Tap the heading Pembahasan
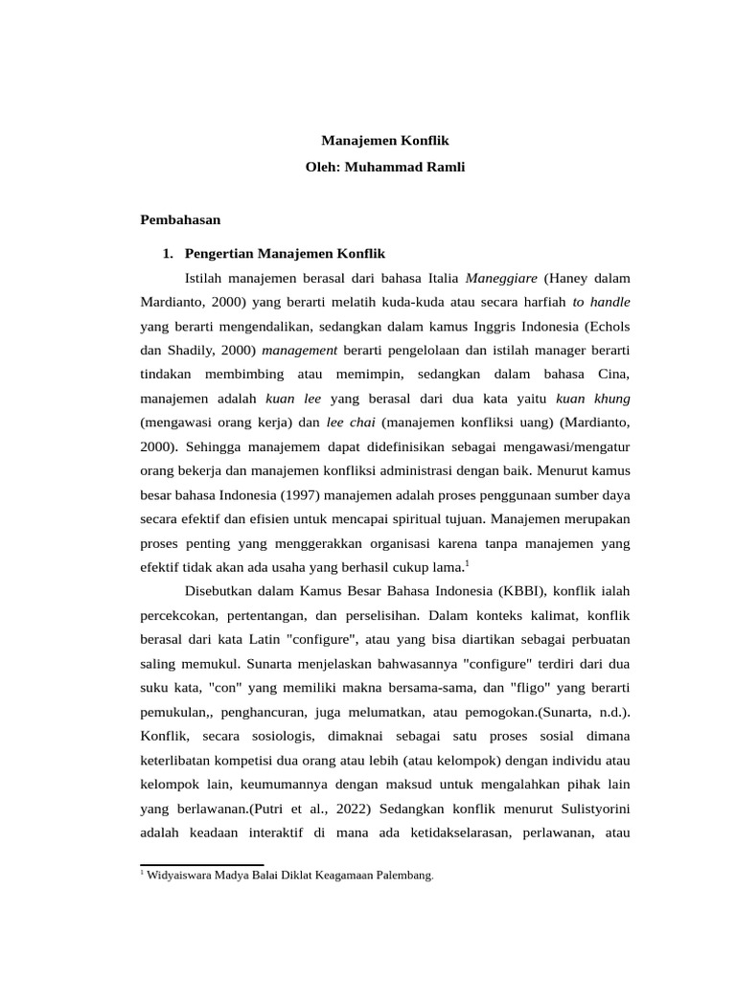180,219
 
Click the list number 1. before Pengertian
169,254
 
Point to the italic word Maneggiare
501,279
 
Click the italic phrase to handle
601,302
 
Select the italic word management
299,349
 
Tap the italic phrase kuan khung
593,397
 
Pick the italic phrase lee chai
348,421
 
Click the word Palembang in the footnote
407,875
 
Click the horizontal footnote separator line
201,864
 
